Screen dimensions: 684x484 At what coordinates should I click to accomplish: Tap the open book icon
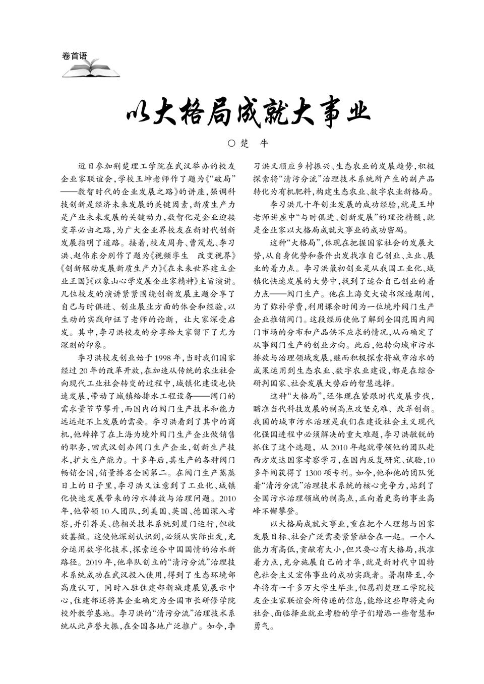[x=91, y=70]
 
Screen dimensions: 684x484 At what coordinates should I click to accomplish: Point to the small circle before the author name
[x=231, y=143]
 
